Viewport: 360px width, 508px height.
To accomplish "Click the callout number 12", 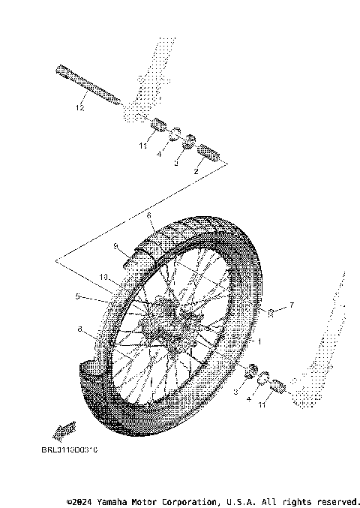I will (79, 107).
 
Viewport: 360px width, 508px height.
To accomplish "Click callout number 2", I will (196, 172).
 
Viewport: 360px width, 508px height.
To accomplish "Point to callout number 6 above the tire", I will (149, 215).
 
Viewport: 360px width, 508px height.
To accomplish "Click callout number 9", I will (116, 245).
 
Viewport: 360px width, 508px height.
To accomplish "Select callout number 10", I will (103, 277).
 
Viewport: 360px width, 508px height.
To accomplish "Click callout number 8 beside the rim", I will (79, 329).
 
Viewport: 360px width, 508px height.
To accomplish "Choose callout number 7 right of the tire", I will (293, 305).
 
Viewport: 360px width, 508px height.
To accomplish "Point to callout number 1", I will (259, 341).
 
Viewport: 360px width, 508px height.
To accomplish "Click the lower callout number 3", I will (235, 392).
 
